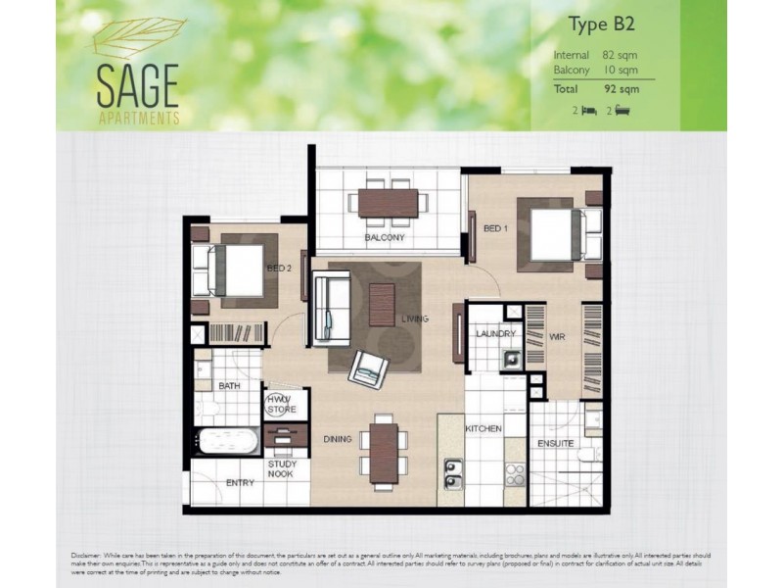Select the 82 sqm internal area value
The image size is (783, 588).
tap(622, 55)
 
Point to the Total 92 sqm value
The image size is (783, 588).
tap(622, 88)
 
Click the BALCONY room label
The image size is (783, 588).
tap(385, 238)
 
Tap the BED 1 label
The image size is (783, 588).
tap(496, 229)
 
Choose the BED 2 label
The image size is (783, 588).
tap(280, 269)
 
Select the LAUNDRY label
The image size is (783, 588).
tap(495, 334)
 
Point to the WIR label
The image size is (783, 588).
tap(558, 335)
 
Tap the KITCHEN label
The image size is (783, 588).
tap(484, 429)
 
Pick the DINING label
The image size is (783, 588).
tap(338, 439)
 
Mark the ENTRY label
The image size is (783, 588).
tap(240, 483)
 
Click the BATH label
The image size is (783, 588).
tap(230, 387)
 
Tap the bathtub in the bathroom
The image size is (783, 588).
tap(226, 441)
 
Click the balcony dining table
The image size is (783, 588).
tap(388, 202)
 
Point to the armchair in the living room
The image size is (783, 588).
tap(369, 367)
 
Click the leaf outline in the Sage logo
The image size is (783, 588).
tap(137, 39)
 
